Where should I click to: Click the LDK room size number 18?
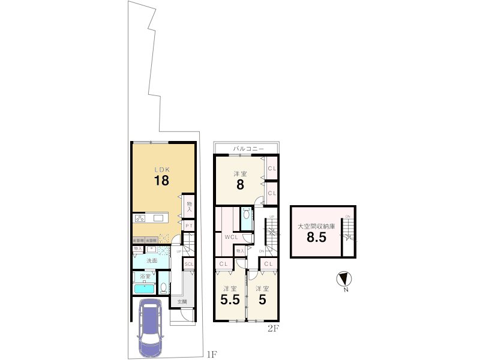(x=161, y=180)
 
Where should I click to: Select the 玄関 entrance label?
(x=182, y=301)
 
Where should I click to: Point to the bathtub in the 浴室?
(x=145, y=289)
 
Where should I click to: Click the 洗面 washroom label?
(x=152, y=261)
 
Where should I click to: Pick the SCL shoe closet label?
(x=188, y=264)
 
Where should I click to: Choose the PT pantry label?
(x=188, y=226)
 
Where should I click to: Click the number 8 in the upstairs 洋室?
(x=240, y=185)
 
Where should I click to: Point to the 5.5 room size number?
(x=230, y=299)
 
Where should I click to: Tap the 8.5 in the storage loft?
(x=316, y=237)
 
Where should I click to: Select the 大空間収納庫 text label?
(x=316, y=226)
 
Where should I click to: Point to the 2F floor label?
(x=272, y=328)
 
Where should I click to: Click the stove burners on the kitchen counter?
(x=140, y=218)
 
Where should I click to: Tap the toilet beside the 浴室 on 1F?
(x=163, y=287)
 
